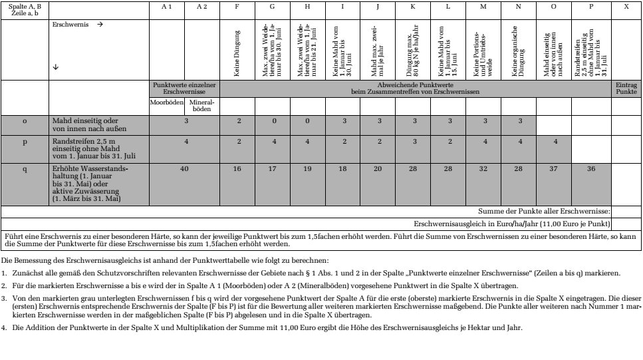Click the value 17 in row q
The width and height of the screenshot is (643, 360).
pos(274,170)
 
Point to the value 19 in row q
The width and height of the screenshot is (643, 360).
pos(308,170)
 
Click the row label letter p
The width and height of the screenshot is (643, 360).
pos(25,142)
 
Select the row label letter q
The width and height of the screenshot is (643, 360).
pos(25,170)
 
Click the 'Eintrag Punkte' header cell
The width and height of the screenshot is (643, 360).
pos(626,90)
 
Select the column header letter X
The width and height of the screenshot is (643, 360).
pos(626,6)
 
